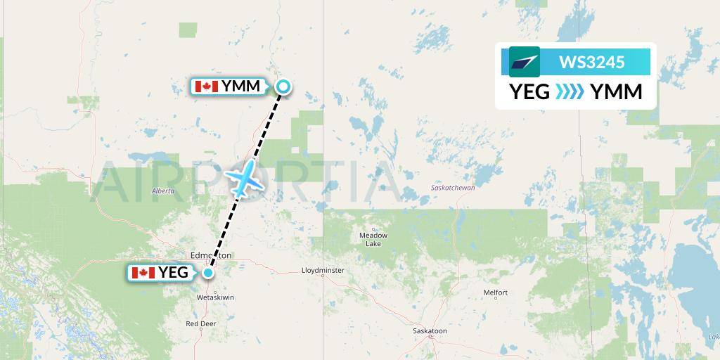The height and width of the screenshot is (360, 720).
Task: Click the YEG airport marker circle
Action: pyautogui.click(x=208, y=272)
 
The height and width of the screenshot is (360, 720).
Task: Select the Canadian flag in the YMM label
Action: pyautogui.click(x=207, y=86)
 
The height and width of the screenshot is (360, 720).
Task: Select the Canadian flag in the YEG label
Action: pyautogui.click(x=143, y=272)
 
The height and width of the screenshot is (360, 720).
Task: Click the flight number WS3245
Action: pyautogui.click(x=591, y=62)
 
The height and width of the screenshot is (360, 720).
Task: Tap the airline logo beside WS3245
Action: pyautogui.click(x=525, y=62)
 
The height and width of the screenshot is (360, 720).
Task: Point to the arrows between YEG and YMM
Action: pyautogui.click(x=570, y=92)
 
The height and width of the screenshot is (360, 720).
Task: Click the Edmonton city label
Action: pyautogui.click(x=211, y=255)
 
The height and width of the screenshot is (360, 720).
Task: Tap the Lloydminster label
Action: pyautogui.click(x=323, y=270)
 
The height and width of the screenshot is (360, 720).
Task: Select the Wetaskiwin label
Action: pyautogui.click(x=215, y=297)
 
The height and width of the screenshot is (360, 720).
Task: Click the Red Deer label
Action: pyautogui.click(x=201, y=323)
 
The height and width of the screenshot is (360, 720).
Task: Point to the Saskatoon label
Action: pyautogui.click(x=430, y=330)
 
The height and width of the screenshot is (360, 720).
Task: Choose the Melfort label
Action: pyautogui.click(x=495, y=292)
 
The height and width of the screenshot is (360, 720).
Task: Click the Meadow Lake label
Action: pyautogui.click(x=373, y=239)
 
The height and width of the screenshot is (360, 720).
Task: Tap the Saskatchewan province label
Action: pyautogui.click(x=454, y=188)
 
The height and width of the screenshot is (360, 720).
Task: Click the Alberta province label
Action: pyautogui.click(x=162, y=191)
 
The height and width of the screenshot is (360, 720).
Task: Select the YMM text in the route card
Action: pyautogui.click(x=616, y=92)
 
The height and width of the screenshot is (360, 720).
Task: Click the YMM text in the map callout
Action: pyautogui.click(x=241, y=86)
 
